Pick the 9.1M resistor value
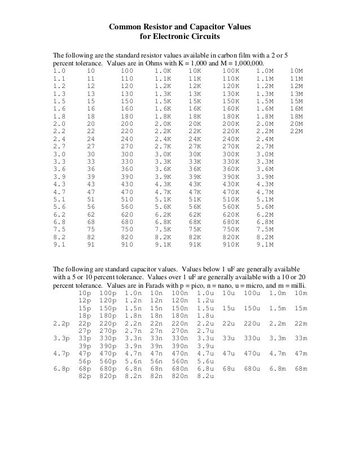(x=265, y=245)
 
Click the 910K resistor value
(x=231, y=245)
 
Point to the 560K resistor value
(x=231, y=206)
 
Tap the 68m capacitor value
(x=301, y=368)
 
